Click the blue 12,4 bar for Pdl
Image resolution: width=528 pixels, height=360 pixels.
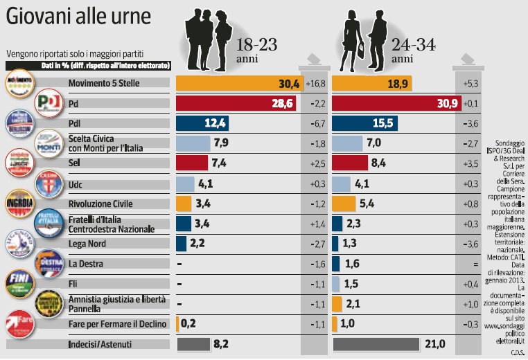[202, 124]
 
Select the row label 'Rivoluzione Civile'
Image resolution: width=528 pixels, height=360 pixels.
[101, 204]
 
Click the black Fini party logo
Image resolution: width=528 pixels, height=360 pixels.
[19, 281]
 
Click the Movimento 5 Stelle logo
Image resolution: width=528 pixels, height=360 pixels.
[19, 84]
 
